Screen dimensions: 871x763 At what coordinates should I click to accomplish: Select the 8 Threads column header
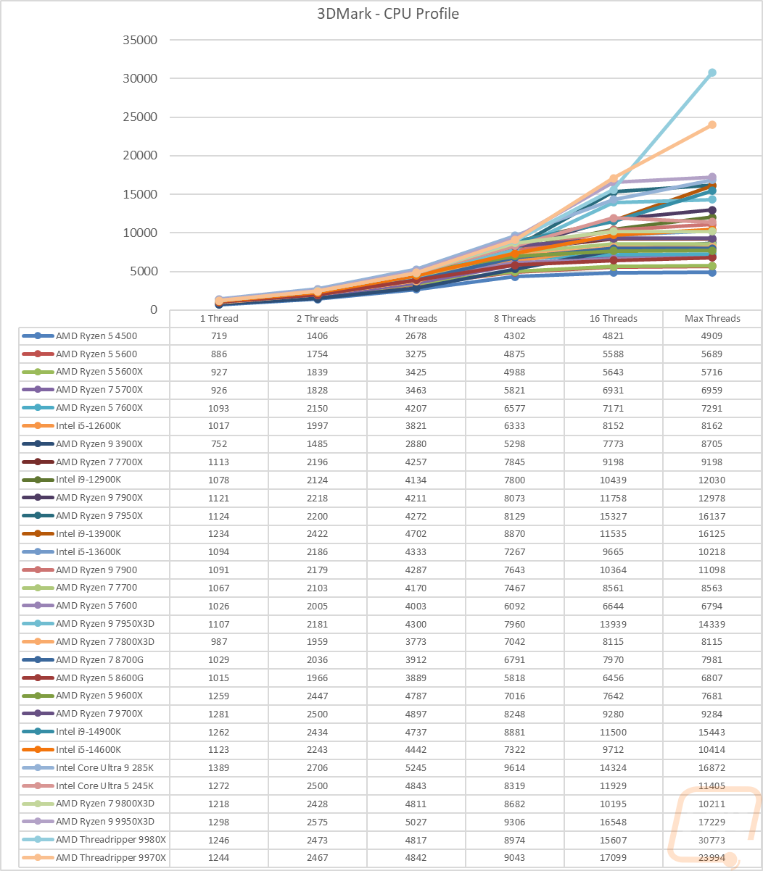pos(514,319)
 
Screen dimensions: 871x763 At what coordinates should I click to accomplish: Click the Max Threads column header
pos(712,319)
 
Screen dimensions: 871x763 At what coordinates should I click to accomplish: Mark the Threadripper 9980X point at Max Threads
pos(712,72)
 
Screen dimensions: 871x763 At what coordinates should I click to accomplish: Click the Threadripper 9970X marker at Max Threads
pos(712,125)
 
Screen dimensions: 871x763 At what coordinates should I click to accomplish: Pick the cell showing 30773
pos(712,839)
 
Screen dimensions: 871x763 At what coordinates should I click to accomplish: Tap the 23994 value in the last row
pos(712,857)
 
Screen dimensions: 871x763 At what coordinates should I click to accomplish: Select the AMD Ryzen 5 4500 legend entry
pos(96,336)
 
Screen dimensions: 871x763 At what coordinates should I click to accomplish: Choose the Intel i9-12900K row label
pos(88,480)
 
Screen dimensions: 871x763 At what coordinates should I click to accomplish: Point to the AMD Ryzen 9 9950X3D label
pos(105,821)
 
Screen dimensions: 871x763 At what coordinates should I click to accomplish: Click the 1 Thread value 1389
pos(218,767)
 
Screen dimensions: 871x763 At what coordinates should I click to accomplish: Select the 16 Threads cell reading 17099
pos(613,857)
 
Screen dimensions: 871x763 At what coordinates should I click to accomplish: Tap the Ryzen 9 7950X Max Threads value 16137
pos(712,516)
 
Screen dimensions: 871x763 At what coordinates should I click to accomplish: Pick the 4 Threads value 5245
pos(416,767)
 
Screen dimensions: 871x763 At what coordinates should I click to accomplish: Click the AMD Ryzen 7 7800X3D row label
pos(105,642)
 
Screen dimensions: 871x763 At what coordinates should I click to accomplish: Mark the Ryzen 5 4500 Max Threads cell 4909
pos(712,336)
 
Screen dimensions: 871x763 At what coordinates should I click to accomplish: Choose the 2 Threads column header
pos(317,319)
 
